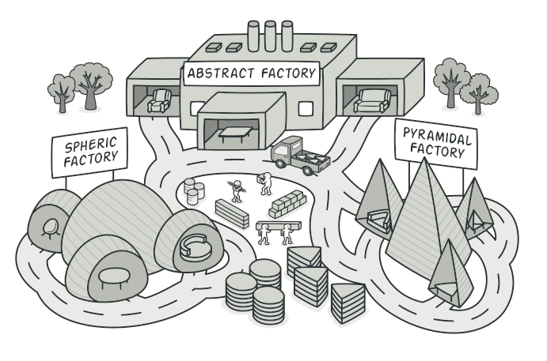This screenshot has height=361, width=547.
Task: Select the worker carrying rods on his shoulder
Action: (235, 190)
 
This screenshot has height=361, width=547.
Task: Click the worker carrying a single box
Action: (265, 183)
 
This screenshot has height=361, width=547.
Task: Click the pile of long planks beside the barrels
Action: (232, 212)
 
